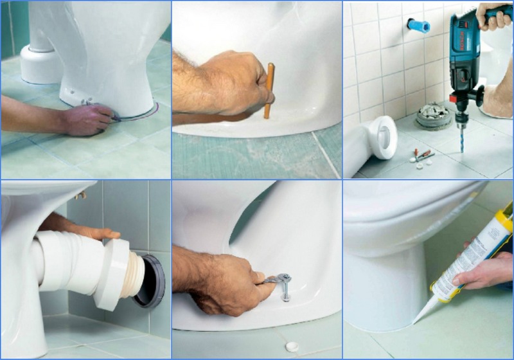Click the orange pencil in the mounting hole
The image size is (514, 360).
click(269, 90)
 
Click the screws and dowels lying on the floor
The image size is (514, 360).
click(423, 156)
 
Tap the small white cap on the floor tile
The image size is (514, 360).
click(292, 345)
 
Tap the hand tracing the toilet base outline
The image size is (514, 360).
click(87, 120)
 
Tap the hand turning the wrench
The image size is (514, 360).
click(225, 283)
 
